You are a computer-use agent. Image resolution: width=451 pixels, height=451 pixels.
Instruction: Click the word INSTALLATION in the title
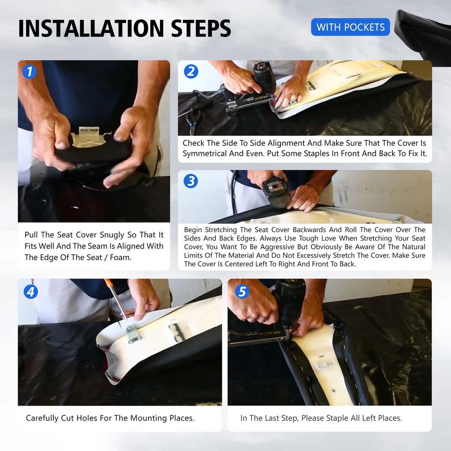click(91, 28)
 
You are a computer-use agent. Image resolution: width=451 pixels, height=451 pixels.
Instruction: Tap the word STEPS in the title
click(201, 28)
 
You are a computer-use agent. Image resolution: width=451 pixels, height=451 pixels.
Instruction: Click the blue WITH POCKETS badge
click(350, 27)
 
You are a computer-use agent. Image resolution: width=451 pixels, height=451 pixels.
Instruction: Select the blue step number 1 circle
click(30, 72)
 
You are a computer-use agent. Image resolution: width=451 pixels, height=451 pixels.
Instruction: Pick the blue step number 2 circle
click(191, 72)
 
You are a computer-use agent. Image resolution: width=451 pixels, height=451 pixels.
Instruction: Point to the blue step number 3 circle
click(191, 181)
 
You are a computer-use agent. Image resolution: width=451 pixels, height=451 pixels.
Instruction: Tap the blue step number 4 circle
click(31, 292)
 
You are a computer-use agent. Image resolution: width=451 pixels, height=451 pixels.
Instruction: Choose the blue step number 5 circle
click(242, 292)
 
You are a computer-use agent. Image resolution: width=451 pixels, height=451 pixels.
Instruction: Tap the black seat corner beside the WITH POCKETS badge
click(423, 38)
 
